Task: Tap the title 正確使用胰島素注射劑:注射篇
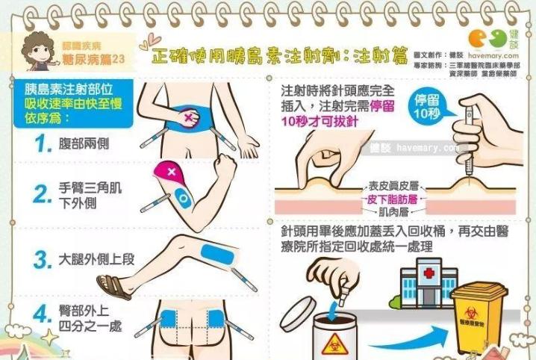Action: pyautogui.click(x=280, y=53)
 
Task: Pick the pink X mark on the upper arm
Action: pyautogui.click(x=173, y=172)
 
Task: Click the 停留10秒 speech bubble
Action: pyautogui.click(x=431, y=108)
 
